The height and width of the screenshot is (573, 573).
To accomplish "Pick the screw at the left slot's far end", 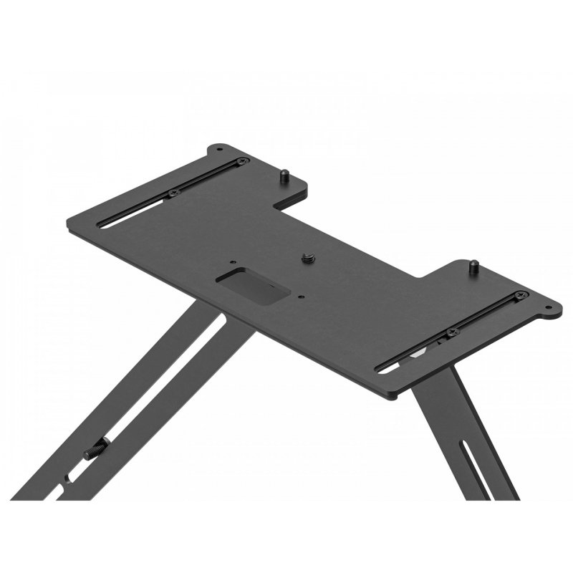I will click(x=243, y=162).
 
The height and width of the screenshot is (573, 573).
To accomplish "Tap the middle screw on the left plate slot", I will click(x=173, y=193).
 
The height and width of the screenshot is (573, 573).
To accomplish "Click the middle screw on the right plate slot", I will click(x=451, y=332).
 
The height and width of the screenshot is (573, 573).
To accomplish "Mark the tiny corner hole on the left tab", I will click(x=218, y=150).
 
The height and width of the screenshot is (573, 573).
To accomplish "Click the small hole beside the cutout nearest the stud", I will click(x=302, y=295).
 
